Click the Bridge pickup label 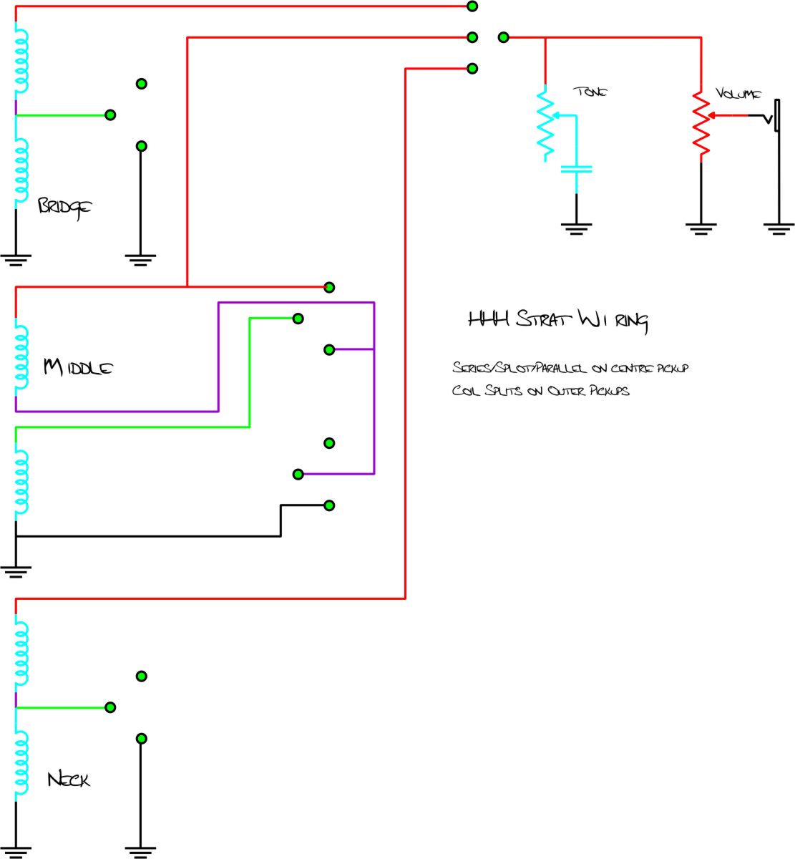click(64, 207)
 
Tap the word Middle click(78, 368)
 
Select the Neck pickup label click(69, 779)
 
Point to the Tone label click(591, 92)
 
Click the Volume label click(738, 94)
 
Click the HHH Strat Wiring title click(557, 320)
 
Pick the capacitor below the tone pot click(576, 170)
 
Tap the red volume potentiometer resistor click(701, 125)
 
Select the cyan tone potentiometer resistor click(545, 123)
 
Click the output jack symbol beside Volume click(774, 116)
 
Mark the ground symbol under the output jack click(779, 228)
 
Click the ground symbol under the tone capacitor click(576, 229)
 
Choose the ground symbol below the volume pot click(701, 229)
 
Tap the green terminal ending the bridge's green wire click(110, 115)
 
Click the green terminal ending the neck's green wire click(110, 707)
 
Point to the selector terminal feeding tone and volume click(503, 37)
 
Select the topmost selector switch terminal click(472, 6)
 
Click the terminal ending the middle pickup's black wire click(329, 505)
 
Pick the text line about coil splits click(540, 391)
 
